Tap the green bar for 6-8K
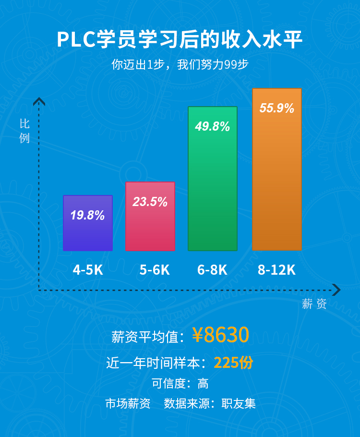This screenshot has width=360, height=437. [x=213, y=192]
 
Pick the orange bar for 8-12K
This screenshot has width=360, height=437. [x=277, y=182]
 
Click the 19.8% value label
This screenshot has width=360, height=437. [x=88, y=215]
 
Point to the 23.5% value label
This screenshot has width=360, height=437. [x=150, y=202]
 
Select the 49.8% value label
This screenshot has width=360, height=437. [x=213, y=127]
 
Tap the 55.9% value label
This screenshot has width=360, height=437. [x=277, y=108]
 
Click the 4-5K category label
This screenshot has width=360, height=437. [x=88, y=270]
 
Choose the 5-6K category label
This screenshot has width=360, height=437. [x=155, y=270]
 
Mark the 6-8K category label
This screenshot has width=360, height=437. [x=212, y=270]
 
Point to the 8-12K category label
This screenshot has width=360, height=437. [x=276, y=270]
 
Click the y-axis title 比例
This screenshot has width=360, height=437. [x=24, y=131]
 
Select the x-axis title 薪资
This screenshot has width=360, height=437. [x=314, y=303]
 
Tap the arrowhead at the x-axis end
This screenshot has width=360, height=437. [x=336, y=290]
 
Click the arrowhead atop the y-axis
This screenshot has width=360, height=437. [x=39, y=101]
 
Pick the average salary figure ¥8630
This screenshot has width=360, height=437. [x=221, y=335]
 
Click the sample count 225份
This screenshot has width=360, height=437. [x=233, y=363]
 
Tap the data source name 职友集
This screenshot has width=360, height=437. [x=239, y=403]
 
